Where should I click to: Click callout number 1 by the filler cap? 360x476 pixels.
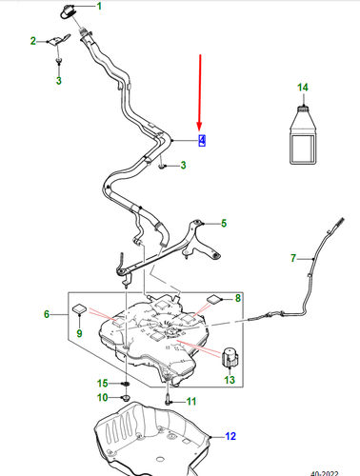[99, 6]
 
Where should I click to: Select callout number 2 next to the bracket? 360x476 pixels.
[33, 41]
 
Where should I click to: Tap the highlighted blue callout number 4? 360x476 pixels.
[202, 140]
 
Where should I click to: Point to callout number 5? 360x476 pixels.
[224, 224]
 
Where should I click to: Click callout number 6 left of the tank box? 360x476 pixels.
[47, 314]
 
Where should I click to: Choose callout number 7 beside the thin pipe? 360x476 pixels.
[293, 258]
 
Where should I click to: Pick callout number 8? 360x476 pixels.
[238, 298]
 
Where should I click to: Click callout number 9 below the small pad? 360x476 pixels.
[79, 333]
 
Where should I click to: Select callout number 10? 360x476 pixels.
[102, 397]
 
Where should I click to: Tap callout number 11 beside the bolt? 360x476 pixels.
[191, 402]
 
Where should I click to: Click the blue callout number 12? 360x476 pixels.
[230, 436]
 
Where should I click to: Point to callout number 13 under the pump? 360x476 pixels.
[230, 380]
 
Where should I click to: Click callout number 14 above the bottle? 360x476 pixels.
[303, 88]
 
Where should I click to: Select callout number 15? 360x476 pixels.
[102, 384]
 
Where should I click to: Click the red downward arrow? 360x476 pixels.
[200, 92]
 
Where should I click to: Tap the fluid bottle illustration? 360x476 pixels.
[303, 134]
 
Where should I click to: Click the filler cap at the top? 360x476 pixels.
[67, 11]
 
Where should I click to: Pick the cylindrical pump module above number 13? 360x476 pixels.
[230, 357]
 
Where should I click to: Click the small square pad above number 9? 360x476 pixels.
[79, 308]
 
